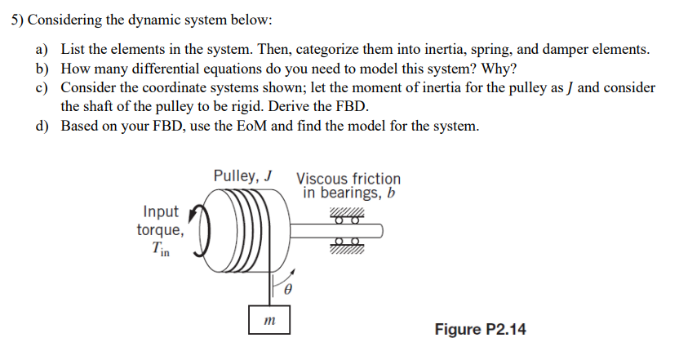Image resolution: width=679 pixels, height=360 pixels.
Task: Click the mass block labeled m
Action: pyautogui.click(x=267, y=320)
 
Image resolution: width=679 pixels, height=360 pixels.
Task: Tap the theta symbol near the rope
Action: pyautogui.click(x=287, y=289)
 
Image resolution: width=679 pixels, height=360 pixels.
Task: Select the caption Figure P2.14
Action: pyautogui.click(x=481, y=330)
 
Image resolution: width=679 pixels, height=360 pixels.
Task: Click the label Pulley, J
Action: pyautogui.click(x=242, y=176)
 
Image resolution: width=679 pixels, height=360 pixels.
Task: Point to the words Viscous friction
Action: pyautogui.click(x=348, y=179)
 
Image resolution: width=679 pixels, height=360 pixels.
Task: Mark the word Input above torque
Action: pyautogui.click(x=161, y=212)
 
